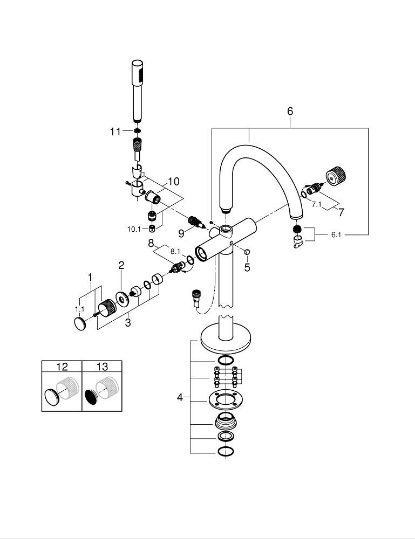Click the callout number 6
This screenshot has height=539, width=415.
click(290, 112)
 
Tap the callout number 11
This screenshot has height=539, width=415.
click(115, 132)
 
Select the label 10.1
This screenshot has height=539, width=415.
click(134, 229)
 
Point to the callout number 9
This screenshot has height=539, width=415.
click(181, 232)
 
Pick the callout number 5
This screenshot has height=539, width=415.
click(247, 267)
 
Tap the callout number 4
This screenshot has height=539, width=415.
click(180, 398)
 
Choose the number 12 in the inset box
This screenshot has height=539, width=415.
click(62, 367)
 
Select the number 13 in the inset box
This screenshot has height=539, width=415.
click(102, 367)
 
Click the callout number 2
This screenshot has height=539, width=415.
click(121, 265)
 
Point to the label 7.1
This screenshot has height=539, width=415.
click(317, 205)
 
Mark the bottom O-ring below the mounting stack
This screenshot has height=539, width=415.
click(226, 451)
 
